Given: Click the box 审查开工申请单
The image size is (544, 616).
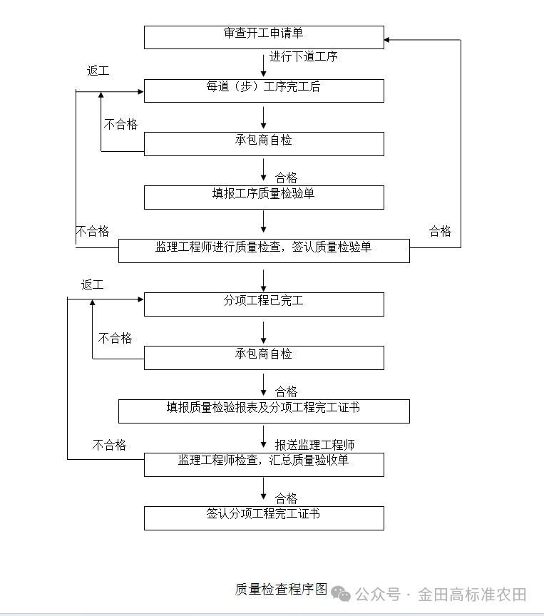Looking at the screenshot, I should [x=264, y=37].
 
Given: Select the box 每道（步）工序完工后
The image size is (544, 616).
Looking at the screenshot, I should [x=264, y=91].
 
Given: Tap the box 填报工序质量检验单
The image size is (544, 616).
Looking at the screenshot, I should [x=264, y=197].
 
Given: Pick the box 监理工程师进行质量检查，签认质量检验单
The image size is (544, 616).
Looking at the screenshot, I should [x=264, y=250].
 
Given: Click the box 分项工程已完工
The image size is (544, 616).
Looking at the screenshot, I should [x=264, y=304].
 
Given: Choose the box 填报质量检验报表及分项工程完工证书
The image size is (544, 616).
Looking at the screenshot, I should [x=264, y=411].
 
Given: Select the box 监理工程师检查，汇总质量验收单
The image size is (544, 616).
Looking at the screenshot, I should [x=264, y=464].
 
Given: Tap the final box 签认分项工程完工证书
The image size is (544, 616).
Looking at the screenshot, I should [x=264, y=518].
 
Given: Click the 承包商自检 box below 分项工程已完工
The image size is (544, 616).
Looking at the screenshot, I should [x=264, y=357].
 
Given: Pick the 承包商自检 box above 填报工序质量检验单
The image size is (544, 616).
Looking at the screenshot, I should [x=264, y=143].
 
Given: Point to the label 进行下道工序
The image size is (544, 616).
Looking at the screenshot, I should [x=304, y=57].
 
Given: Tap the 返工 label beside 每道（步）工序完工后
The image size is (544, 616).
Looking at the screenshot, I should [x=98, y=71].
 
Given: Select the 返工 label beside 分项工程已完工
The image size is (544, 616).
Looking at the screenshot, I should [x=92, y=284].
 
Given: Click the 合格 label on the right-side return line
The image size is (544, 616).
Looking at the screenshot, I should [x=440, y=231].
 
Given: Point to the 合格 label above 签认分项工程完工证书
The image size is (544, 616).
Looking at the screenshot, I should [x=287, y=498].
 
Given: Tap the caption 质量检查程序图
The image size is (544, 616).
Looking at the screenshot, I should [x=282, y=590].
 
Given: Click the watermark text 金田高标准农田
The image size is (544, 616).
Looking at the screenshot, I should [x=472, y=594].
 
